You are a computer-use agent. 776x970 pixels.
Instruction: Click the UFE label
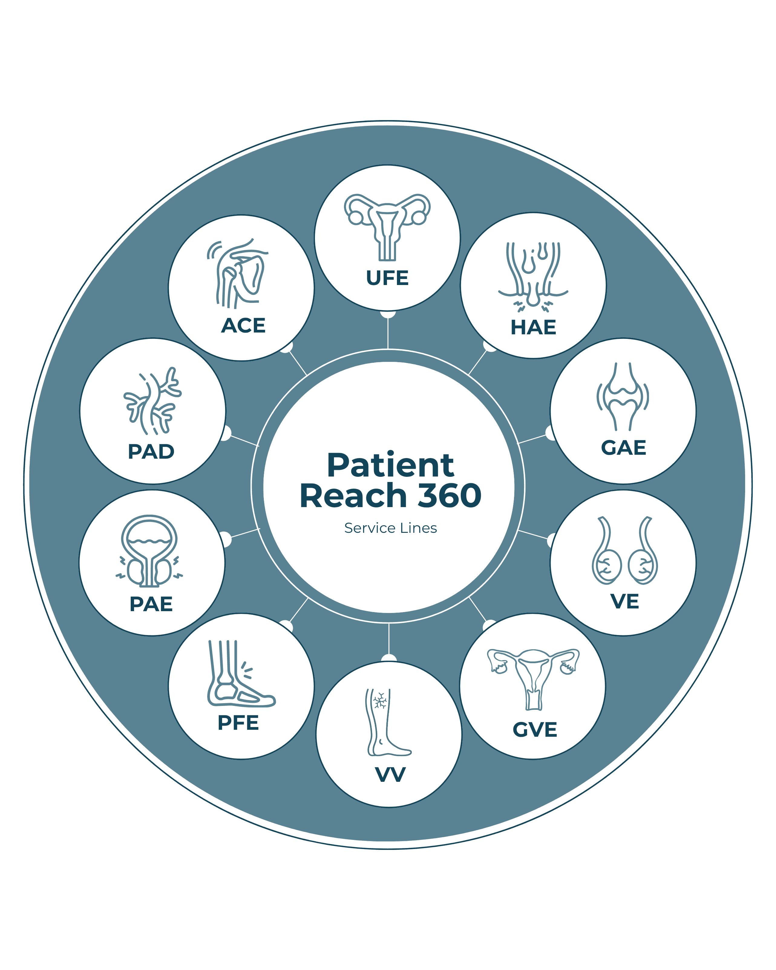387,278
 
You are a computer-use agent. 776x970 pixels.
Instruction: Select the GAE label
624,448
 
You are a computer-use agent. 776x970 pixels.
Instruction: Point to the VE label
625,601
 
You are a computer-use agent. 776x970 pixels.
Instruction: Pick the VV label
390,774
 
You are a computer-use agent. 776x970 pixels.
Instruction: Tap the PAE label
151,604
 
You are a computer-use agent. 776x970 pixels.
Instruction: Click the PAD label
151,452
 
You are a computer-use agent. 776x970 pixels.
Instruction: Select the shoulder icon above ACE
237,274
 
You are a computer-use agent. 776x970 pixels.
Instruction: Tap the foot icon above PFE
241,673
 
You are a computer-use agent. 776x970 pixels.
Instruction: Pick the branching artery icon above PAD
152,400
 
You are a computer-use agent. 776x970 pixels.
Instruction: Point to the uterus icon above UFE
387,228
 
